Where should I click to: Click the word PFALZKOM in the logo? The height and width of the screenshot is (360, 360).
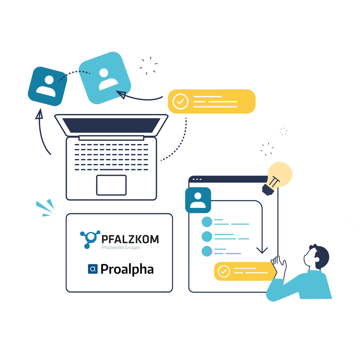(130, 239)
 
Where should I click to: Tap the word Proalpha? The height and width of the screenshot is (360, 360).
(127, 269)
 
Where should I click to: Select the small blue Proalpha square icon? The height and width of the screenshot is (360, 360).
(93, 269)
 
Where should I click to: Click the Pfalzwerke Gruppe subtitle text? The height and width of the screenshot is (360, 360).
(121, 247)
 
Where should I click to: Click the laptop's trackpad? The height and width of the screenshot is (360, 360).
(111, 185)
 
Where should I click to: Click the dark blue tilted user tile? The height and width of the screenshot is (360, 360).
(47, 86)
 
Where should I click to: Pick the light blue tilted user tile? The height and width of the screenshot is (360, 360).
(105, 78)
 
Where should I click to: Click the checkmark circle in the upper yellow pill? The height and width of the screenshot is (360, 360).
(181, 101)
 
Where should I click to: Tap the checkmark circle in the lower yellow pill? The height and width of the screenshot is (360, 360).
(223, 271)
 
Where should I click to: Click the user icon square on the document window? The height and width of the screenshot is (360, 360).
(198, 200)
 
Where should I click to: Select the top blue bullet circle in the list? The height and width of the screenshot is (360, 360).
(207, 222)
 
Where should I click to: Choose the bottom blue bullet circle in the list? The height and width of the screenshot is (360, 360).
(207, 251)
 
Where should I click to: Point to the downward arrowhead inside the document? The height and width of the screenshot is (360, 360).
(262, 250)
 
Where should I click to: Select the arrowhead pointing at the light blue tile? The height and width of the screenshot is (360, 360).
(121, 94)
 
